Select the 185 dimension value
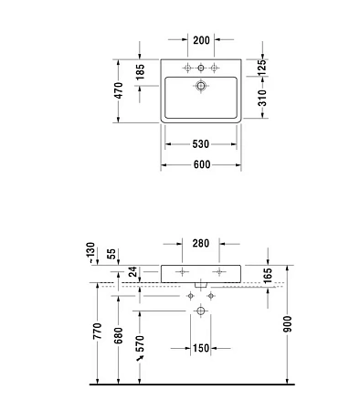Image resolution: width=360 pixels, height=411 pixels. click(140, 71)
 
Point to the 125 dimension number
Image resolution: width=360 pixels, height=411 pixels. click(261, 67)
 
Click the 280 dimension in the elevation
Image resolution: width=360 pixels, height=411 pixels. click(201, 244)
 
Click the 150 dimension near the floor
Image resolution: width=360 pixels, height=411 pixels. click(201, 348)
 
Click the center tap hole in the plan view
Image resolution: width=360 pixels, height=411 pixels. click(200, 69)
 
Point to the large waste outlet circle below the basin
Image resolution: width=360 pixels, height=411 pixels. click(200, 312)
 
